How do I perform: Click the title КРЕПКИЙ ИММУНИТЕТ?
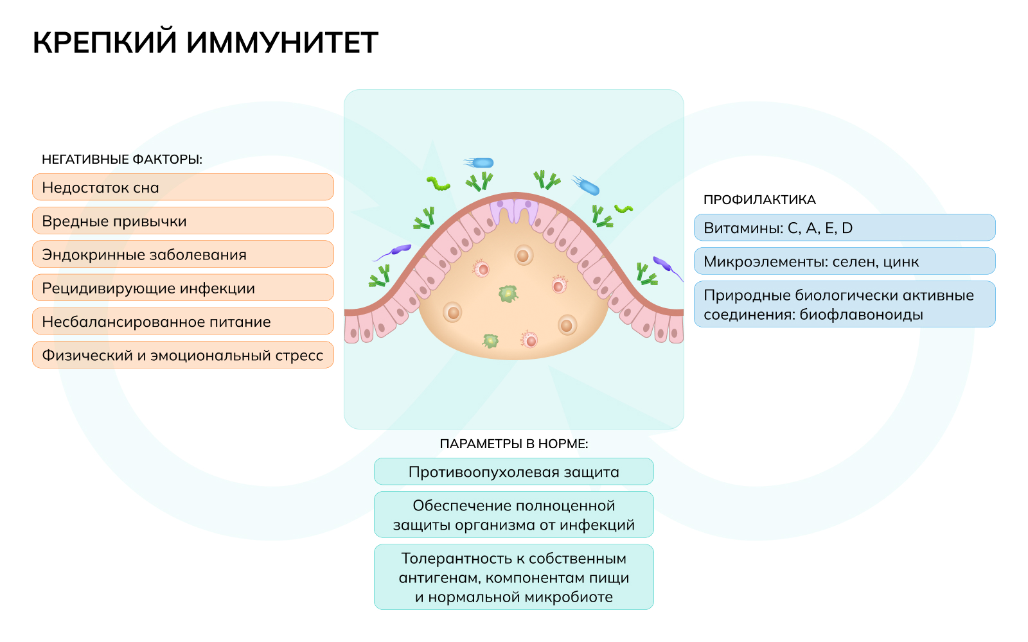click(x=205, y=43)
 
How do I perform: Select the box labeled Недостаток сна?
click(x=182, y=187)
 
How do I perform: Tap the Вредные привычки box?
click(x=182, y=221)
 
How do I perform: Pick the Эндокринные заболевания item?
click(x=182, y=254)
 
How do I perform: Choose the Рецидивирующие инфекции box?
click(x=182, y=288)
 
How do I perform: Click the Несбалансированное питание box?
click(x=182, y=322)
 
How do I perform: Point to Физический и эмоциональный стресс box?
click(x=182, y=355)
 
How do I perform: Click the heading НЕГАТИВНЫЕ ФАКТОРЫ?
click(x=122, y=159)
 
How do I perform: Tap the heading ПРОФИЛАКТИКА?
click(x=759, y=200)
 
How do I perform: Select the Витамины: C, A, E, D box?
click(x=844, y=228)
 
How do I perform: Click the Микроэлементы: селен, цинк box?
click(x=844, y=261)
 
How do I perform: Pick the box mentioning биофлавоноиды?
click(x=844, y=304)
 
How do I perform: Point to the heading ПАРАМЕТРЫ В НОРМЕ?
click(x=514, y=444)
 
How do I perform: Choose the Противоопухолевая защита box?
click(x=514, y=472)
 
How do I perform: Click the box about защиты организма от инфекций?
click(x=514, y=515)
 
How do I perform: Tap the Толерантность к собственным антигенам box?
click(x=514, y=577)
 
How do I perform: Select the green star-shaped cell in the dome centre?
click(x=508, y=294)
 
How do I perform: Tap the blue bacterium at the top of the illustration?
click(x=481, y=163)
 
